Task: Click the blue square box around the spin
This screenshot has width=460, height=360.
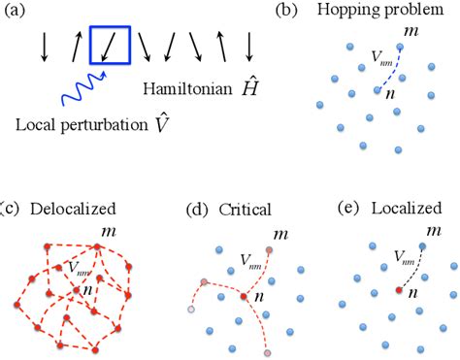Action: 110,46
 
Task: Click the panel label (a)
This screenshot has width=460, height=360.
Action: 21,11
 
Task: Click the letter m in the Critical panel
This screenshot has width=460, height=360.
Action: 280,234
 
